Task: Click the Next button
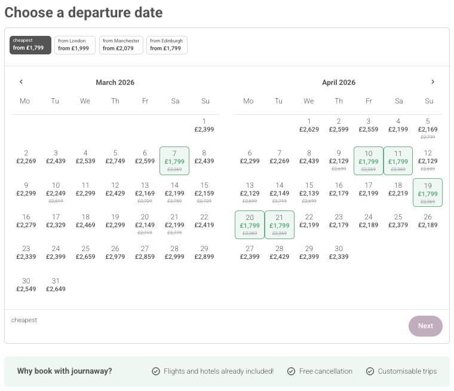pos(425,326)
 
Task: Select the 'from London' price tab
pos(75,45)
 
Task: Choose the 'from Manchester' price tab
pos(121,45)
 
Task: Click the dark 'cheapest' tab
pos(30,45)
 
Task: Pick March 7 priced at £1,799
pos(174,161)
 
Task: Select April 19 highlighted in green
pos(428,193)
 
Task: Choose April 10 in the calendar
pos(369,161)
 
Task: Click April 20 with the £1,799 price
pos(250,225)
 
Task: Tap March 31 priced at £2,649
pos(56,285)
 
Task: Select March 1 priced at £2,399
pos(204,125)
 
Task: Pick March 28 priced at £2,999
pos(174,252)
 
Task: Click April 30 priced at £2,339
pos(339,252)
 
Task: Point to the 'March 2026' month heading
pos(115,83)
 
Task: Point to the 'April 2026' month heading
pos(339,83)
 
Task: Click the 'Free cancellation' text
pos(326,371)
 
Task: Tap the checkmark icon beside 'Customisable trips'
pos(370,371)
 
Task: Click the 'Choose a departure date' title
pos(84,12)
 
